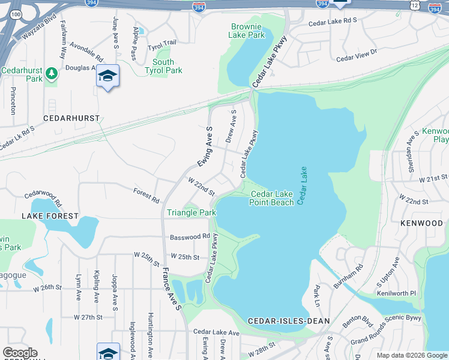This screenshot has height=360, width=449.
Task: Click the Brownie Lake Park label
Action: tap(246, 31)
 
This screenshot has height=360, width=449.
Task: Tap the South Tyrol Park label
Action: tap(163, 66)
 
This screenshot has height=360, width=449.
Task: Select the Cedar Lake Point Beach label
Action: tap(272, 198)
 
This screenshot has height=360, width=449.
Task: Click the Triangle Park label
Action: tap(191, 213)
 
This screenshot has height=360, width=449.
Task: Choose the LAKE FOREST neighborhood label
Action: tap(50, 215)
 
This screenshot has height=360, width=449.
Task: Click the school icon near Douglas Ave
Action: tap(108, 76)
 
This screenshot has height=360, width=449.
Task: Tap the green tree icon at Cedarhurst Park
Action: tap(52, 73)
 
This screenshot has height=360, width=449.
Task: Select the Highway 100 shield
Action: tap(16, 13)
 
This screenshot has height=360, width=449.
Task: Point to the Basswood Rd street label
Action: tap(190, 236)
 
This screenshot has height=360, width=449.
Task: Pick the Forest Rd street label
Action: tap(146, 195)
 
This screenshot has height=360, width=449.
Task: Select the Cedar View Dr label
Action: tap(357, 55)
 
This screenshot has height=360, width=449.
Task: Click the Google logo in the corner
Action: tap(20, 353)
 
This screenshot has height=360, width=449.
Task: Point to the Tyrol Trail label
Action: tap(162, 44)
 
